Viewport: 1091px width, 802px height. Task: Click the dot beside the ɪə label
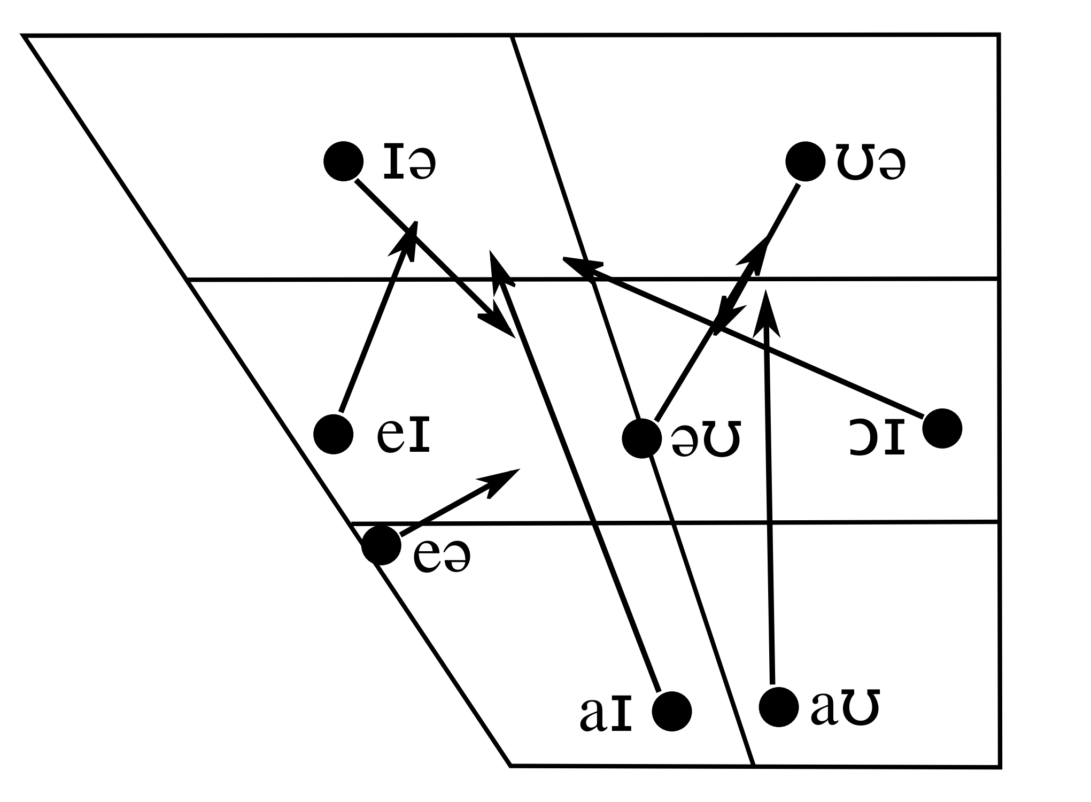tap(344, 161)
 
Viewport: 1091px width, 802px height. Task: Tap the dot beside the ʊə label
tap(805, 161)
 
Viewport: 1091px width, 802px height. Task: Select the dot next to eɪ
tap(334, 434)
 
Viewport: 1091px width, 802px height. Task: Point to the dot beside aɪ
tap(672, 711)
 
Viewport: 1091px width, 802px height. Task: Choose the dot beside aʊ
tap(779, 707)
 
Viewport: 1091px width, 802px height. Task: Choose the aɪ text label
tap(606, 714)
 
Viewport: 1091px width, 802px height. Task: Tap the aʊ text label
tap(845, 709)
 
